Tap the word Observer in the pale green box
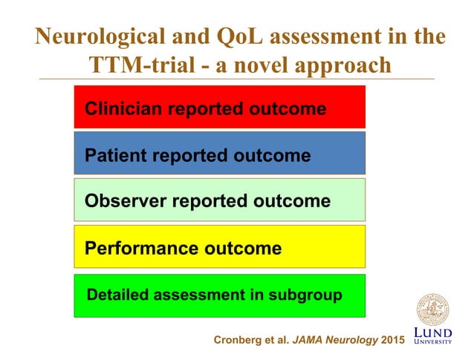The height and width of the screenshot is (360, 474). [x=123, y=201]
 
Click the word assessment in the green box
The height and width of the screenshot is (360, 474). [x=196, y=295]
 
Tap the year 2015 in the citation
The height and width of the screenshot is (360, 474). [x=389, y=340]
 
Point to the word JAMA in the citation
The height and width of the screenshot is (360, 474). [x=307, y=340]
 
